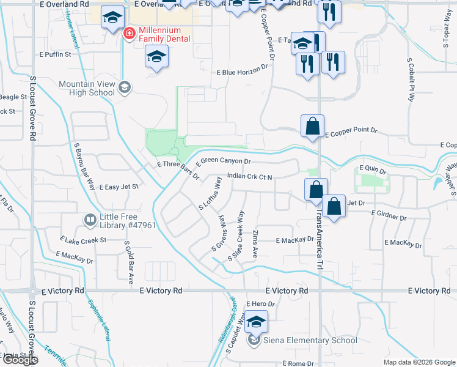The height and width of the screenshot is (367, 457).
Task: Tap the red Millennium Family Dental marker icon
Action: click(129, 33)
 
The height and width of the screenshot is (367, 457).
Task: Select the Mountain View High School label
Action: click(87, 88)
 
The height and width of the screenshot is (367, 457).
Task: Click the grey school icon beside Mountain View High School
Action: click(125, 87)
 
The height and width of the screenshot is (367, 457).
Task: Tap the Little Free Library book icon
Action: click(90, 219)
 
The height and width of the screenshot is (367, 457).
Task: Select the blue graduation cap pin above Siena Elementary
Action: click(257, 322)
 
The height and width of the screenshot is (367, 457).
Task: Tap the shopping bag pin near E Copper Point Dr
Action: click(312, 127)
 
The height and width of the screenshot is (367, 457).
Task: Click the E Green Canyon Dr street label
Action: click(225, 161)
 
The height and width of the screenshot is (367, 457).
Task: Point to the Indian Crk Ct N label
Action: click(249, 176)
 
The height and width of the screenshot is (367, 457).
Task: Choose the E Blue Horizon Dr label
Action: click(243, 72)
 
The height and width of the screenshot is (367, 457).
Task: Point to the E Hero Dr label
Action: click(261, 303)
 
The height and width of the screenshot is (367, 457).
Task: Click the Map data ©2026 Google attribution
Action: click(419, 362)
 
